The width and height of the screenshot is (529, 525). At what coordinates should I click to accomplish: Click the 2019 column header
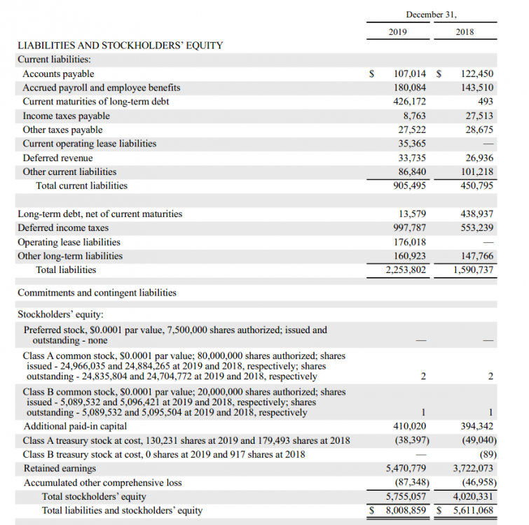click(397, 32)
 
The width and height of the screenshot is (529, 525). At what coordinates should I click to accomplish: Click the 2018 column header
click(465, 32)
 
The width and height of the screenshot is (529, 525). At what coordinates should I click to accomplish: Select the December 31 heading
click(430, 14)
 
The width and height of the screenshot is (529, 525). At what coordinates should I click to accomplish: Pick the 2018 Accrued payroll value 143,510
click(477, 88)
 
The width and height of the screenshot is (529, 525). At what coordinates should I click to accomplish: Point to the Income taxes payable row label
click(66, 116)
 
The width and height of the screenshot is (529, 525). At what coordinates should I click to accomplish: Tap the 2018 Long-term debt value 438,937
click(477, 214)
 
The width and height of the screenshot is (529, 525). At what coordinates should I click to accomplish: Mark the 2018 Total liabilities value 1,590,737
click(474, 270)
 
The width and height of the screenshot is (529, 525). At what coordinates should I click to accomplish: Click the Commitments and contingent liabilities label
click(97, 293)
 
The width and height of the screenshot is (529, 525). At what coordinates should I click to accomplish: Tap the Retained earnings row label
click(60, 468)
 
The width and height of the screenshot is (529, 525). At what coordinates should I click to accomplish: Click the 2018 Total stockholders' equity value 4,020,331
click(474, 496)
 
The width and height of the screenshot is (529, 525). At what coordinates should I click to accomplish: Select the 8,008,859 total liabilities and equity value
click(406, 510)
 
